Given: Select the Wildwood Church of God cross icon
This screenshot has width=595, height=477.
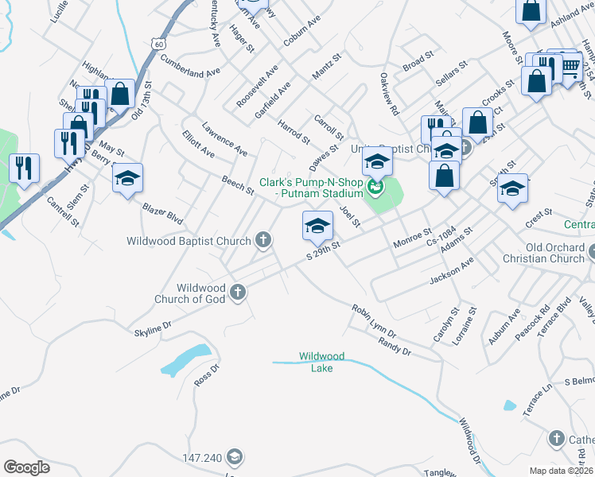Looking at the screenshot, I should click(237, 293).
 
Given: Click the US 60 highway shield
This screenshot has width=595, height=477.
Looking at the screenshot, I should click(160, 44).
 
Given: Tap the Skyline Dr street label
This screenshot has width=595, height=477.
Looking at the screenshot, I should click(154, 328).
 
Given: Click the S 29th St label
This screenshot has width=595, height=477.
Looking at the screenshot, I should click(324, 250).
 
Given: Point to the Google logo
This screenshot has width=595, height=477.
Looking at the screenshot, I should click(27, 467).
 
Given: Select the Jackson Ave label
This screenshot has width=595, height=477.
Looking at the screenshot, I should click(451, 270).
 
